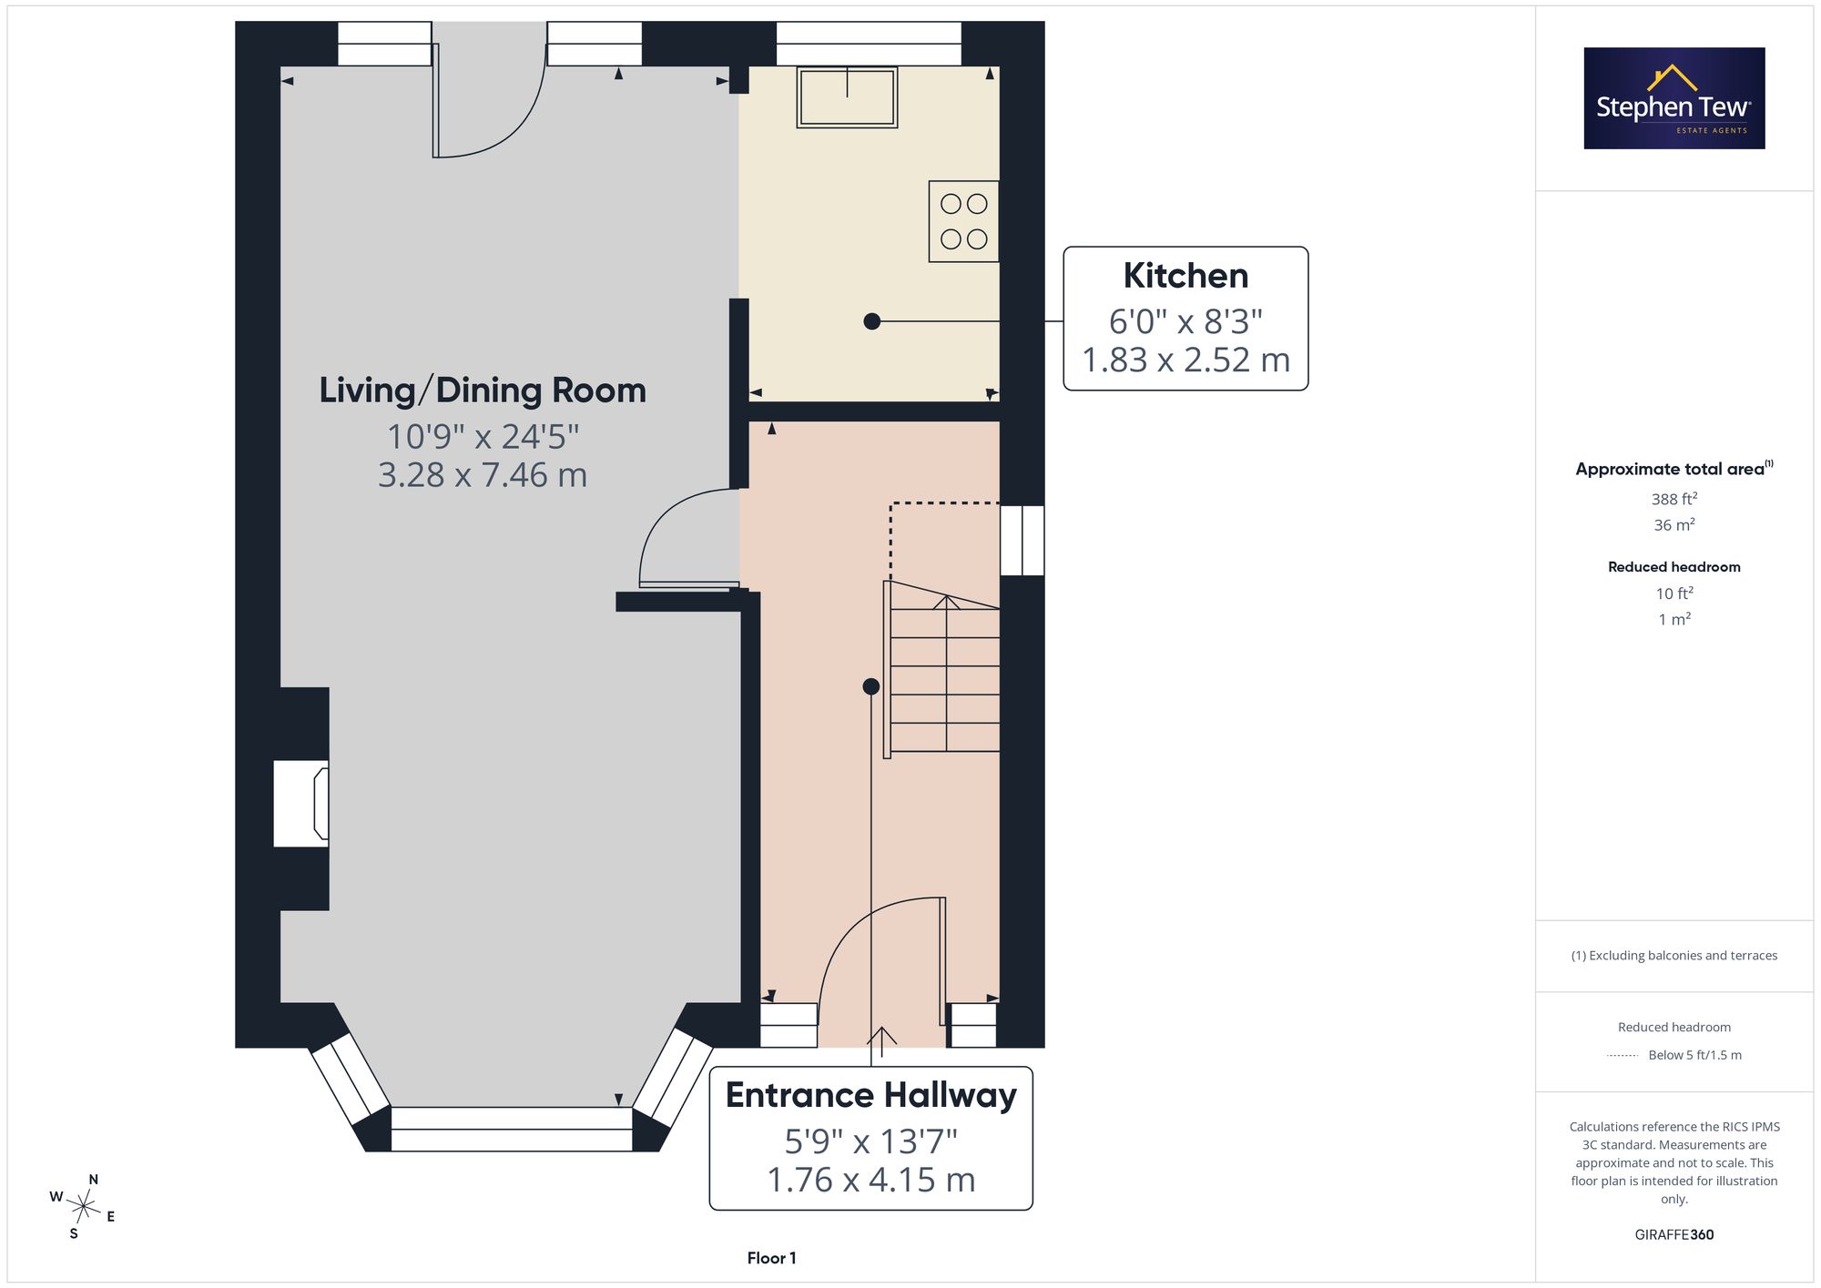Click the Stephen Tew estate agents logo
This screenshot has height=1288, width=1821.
(1674, 98)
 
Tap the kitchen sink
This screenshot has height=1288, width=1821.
(848, 96)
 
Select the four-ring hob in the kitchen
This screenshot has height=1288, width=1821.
(964, 221)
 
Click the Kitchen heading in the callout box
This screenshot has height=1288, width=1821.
(1185, 276)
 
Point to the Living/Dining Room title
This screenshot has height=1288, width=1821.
(483, 390)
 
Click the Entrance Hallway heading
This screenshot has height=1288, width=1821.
(871, 1095)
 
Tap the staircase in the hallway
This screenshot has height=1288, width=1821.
(942, 669)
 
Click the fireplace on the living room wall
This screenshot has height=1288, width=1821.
(301, 804)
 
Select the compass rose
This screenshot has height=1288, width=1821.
(83, 1207)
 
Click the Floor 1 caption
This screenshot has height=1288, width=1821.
(772, 1258)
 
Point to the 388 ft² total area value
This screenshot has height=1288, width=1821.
(1674, 499)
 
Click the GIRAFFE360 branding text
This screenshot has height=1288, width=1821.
(1674, 1235)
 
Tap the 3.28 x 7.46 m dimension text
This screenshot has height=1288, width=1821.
(483, 475)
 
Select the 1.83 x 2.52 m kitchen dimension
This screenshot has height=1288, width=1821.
(1185, 360)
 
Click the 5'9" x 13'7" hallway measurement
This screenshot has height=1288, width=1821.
(871, 1141)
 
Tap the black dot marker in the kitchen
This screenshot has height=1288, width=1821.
(872, 321)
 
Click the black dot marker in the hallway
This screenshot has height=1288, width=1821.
(871, 686)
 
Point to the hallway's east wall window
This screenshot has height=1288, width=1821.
(1022, 541)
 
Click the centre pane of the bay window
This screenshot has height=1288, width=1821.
(512, 1129)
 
